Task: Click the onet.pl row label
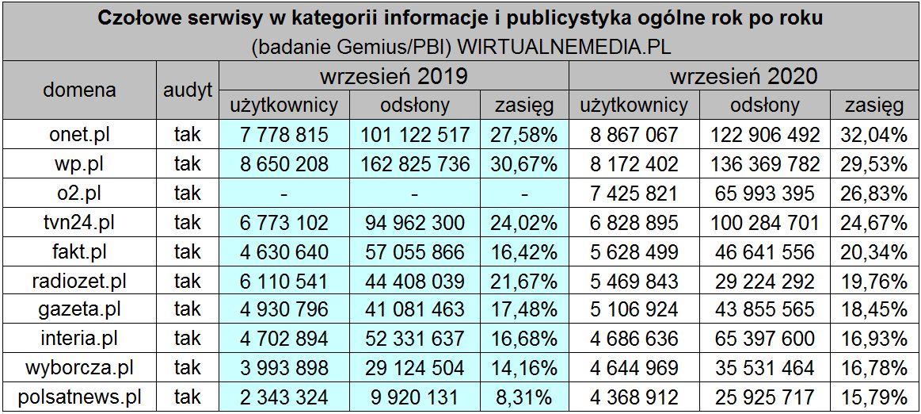[79, 135]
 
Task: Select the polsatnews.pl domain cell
[79, 396]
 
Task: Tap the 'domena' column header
[79, 90]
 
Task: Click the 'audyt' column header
[188, 90]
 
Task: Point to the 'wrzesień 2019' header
[393, 77]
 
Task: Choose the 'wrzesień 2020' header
[744, 77]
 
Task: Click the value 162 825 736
[415, 164]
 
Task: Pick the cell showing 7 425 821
[634, 194]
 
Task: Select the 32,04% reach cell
[874, 135]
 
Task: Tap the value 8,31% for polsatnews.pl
[524, 396]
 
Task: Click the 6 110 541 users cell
[284, 280]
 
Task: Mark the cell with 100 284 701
[764, 222]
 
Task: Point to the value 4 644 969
[634, 367]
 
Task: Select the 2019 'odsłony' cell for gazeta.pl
[415, 309]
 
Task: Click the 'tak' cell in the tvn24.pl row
[188, 222]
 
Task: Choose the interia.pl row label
[79, 338]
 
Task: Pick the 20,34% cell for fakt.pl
[874, 251]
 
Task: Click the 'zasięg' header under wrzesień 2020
[874, 105]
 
